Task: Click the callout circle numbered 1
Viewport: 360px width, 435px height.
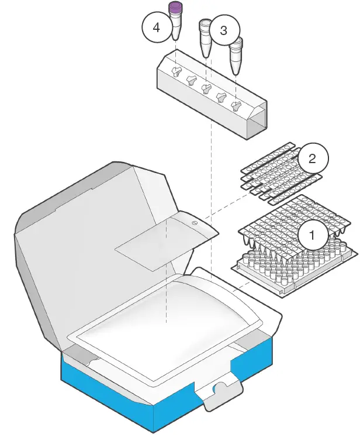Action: click(x=313, y=235)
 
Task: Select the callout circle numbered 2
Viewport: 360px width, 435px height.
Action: click(x=313, y=158)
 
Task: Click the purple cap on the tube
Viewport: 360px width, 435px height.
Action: click(x=175, y=8)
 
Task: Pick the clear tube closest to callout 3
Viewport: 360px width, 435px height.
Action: click(x=206, y=38)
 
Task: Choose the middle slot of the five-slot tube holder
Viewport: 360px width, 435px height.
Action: click(x=206, y=89)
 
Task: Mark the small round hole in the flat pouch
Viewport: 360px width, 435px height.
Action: click(x=195, y=223)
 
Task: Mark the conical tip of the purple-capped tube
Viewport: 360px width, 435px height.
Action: click(x=175, y=36)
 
